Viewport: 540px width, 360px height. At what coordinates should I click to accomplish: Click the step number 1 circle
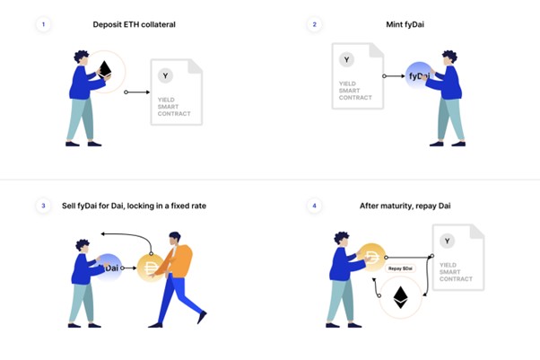[x=43, y=24]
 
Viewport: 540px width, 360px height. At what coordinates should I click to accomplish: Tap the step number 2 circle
[x=315, y=24]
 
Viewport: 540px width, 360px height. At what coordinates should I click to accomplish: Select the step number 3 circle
[x=43, y=206]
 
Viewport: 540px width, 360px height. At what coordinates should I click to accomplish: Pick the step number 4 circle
[x=315, y=206]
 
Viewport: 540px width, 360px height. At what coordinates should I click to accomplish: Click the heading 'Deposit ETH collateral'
[x=134, y=24]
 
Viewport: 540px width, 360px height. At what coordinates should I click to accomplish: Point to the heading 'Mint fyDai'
[x=405, y=24]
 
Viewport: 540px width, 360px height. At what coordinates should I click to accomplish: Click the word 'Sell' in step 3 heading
[x=68, y=206]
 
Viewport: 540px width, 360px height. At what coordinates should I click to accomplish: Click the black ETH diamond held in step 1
[x=105, y=69]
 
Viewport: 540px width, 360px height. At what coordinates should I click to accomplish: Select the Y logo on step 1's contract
[x=165, y=76]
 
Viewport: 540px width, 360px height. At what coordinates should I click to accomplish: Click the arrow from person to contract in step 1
[x=136, y=92]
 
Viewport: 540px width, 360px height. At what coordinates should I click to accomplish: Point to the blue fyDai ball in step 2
[x=418, y=76]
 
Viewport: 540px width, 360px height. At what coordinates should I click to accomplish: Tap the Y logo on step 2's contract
[x=346, y=59]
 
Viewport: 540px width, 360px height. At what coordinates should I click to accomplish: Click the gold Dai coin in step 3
[x=151, y=268]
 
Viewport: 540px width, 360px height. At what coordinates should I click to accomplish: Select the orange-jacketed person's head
[x=175, y=238]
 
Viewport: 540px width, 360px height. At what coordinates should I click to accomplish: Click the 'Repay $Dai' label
[x=400, y=268]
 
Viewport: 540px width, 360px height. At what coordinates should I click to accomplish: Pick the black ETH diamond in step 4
[x=401, y=297]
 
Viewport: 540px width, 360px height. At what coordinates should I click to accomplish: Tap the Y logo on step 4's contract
[x=447, y=241]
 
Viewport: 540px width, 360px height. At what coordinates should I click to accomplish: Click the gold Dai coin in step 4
[x=371, y=257]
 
